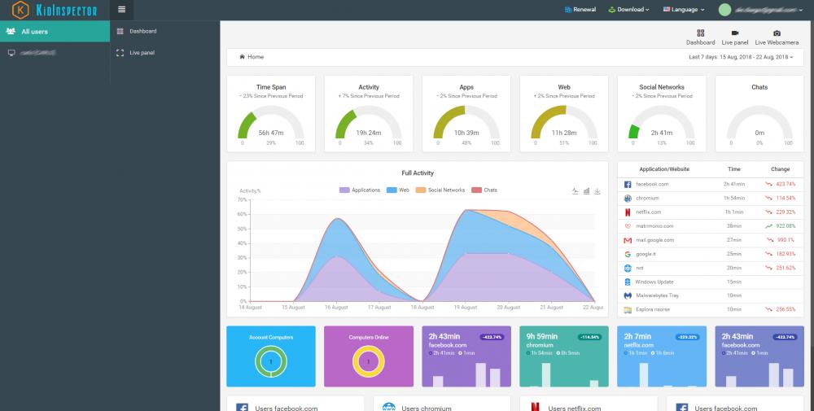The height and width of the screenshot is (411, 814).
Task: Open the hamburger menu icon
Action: coord(121,10)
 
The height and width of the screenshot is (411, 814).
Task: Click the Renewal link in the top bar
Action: coord(580,10)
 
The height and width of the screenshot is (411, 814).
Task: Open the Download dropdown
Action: coord(629,10)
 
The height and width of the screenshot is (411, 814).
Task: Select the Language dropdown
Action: coord(682,10)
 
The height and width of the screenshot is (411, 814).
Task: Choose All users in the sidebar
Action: coord(34,32)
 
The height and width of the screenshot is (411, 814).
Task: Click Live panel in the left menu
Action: coord(142,53)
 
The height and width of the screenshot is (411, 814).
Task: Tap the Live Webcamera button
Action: coord(777,37)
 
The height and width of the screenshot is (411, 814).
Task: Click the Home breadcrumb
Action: coord(255,57)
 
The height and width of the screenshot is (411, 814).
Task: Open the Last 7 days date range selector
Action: coord(740,57)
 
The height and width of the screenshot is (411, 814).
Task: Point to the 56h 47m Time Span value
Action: coord(270,133)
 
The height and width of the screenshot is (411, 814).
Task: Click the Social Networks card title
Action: coord(661,87)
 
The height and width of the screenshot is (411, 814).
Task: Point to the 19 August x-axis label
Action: coord(465,308)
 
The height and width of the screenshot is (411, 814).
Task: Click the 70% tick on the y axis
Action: coord(243,199)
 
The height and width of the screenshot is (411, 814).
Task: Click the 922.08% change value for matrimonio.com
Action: coord(784,226)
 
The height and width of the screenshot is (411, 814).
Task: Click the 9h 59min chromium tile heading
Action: coord(541,336)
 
